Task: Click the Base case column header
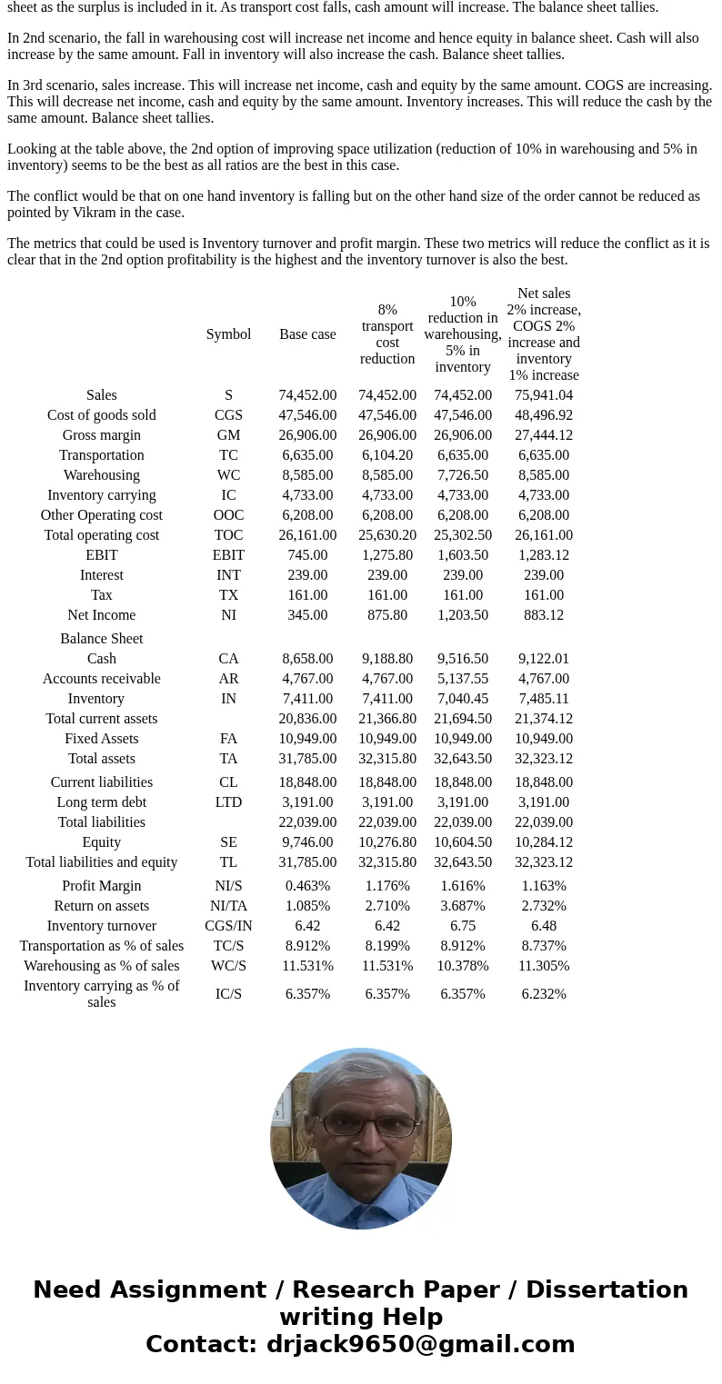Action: click(307, 334)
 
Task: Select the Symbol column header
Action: click(228, 334)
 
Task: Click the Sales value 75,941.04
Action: click(544, 395)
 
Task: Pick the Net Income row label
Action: click(102, 615)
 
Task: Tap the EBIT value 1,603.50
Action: click(463, 555)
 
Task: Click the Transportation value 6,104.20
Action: click(387, 455)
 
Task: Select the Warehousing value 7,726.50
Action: click(463, 475)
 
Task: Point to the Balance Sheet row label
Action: click(102, 639)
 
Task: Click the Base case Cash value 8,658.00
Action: click(307, 659)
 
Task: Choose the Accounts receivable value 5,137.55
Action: click(463, 679)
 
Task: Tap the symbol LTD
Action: click(228, 802)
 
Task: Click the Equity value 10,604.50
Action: click(463, 842)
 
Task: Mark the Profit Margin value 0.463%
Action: click(307, 886)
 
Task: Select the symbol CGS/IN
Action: click(228, 926)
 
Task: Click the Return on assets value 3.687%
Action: click(463, 906)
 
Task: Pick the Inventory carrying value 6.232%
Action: click(544, 994)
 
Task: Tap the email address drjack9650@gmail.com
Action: click(420, 1345)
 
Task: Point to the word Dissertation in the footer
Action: click(607, 1290)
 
